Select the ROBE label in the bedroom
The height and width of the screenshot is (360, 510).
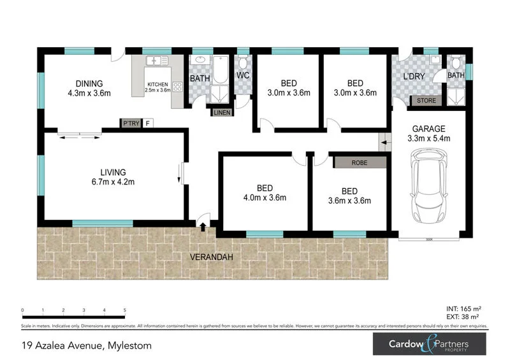[x=360, y=162]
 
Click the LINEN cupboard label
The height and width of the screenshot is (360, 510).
[x=222, y=112]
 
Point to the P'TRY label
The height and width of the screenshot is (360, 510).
[x=131, y=123]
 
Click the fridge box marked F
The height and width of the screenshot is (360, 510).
[x=147, y=123]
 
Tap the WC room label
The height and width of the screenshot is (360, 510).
[x=242, y=76]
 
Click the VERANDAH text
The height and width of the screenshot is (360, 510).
[x=212, y=258]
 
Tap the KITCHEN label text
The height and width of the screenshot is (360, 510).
[x=158, y=85]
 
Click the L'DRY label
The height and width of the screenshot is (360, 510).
[x=414, y=76]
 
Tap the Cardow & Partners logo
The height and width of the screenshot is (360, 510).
[x=430, y=345]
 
